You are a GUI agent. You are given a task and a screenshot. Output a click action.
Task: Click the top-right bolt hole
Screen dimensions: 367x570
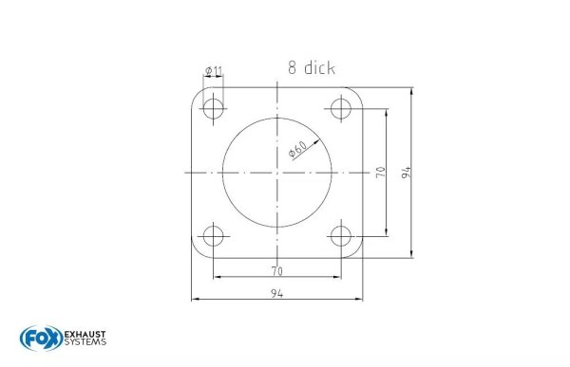point(340,109)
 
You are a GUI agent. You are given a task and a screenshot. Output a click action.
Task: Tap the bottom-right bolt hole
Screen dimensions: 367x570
point(340,234)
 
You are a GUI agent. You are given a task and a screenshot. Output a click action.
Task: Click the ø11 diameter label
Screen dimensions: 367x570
point(213,72)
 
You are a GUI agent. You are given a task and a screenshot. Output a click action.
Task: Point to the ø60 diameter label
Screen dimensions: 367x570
point(296,150)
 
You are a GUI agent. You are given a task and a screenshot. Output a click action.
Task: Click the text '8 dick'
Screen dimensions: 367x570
point(312,67)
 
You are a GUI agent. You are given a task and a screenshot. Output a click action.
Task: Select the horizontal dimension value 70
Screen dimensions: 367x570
point(277,270)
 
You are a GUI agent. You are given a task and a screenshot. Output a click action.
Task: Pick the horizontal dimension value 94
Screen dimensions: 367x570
point(277,293)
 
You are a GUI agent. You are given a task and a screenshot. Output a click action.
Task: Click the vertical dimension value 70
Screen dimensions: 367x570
point(380,172)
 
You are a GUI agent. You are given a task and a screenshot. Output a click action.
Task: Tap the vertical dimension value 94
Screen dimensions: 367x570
point(406,172)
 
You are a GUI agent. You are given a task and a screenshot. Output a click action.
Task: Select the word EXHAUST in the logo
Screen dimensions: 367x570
point(85,334)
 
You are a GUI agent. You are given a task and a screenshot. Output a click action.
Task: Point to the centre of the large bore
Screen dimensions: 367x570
point(277,172)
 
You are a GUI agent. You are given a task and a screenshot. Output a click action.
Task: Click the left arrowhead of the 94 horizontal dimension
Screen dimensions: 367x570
point(195,300)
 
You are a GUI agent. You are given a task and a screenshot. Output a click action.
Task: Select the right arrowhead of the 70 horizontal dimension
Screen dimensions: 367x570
point(337,277)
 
